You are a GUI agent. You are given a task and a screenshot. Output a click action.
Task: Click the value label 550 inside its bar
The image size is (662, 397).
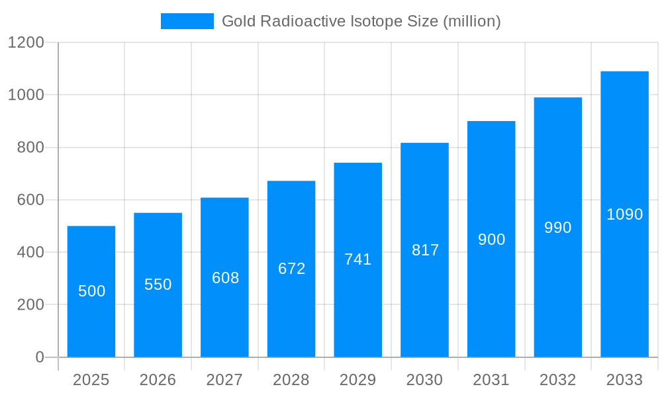pyautogui.click(x=158, y=285)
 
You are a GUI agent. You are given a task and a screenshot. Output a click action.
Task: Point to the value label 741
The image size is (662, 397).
pyautogui.click(x=358, y=259)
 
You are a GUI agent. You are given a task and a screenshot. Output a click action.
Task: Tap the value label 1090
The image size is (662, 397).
pyautogui.click(x=624, y=214)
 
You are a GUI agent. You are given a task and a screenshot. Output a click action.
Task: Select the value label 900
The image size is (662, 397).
pyautogui.click(x=491, y=240)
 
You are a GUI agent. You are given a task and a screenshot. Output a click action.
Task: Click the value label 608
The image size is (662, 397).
pyautogui.click(x=225, y=278)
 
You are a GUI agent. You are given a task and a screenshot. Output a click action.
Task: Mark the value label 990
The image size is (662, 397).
pyautogui.click(x=557, y=228)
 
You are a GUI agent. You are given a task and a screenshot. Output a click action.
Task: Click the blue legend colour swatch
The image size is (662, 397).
pyautogui.click(x=187, y=21)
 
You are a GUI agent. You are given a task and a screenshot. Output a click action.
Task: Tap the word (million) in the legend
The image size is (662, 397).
pyautogui.click(x=471, y=21)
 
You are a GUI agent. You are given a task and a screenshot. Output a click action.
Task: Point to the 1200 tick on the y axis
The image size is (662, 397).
pyautogui.click(x=26, y=43)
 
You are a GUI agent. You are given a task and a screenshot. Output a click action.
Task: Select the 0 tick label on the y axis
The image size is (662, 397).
pyautogui.click(x=39, y=357)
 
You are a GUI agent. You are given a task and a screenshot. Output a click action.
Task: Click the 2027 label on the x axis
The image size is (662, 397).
pyautogui.click(x=224, y=380)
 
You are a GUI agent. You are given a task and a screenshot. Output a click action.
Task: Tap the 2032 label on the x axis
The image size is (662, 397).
pyautogui.click(x=557, y=380)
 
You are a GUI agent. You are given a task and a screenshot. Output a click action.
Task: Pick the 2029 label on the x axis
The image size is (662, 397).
pyautogui.click(x=357, y=380)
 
